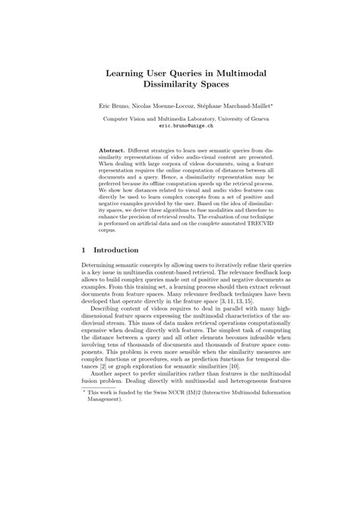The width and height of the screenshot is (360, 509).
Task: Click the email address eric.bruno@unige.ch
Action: pyautogui.click(x=180, y=128)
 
